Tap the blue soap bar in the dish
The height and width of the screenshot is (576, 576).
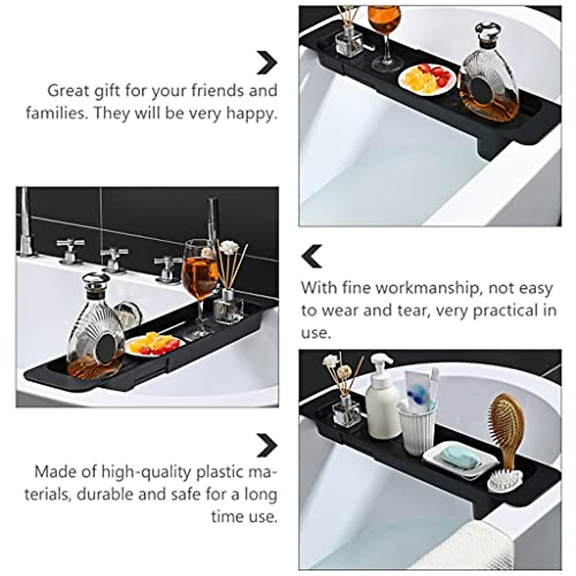click(x=460, y=457)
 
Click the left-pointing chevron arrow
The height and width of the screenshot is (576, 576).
click(x=312, y=256)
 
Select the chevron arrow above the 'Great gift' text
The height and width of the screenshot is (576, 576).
click(x=266, y=62)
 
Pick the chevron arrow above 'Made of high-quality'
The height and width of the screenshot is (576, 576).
click(x=266, y=445)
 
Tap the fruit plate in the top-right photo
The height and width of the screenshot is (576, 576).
click(x=427, y=79)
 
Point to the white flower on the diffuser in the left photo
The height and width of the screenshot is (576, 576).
click(x=229, y=248)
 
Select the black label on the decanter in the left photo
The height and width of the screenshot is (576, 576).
click(x=106, y=348)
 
